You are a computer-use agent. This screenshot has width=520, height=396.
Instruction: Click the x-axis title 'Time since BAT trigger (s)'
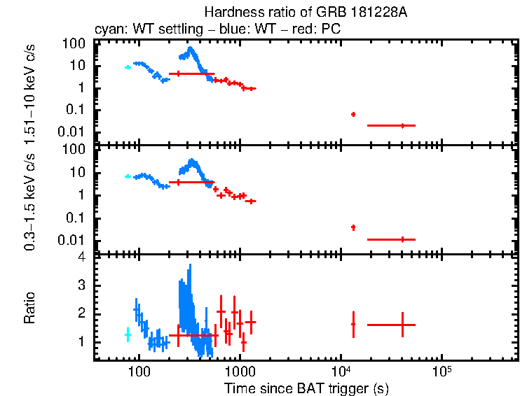click(x=306, y=388)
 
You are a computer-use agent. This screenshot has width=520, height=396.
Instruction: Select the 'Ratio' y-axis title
click(x=30, y=308)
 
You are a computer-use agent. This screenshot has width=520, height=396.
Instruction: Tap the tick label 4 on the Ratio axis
click(x=81, y=257)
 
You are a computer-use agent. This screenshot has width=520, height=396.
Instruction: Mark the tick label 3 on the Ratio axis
click(x=81, y=285)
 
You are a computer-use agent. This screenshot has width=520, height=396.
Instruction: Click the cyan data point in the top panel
click(x=128, y=67)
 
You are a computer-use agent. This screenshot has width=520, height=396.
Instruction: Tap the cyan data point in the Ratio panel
click(x=128, y=334)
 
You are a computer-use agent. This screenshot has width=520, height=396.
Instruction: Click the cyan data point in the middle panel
click(x=128, y=176)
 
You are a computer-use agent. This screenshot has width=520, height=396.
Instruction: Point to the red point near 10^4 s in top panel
click(x=353, y=114)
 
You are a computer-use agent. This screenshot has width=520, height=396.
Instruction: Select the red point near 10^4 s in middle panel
click(x=353, y=227)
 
